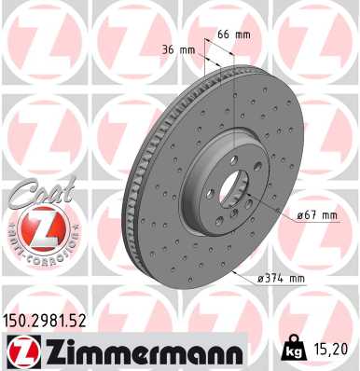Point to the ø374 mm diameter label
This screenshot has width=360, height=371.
click(283, 277)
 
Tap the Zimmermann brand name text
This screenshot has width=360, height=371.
click(139, 350)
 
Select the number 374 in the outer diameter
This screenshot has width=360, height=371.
click(280, 277)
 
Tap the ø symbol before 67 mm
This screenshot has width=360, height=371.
click(299, 215)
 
